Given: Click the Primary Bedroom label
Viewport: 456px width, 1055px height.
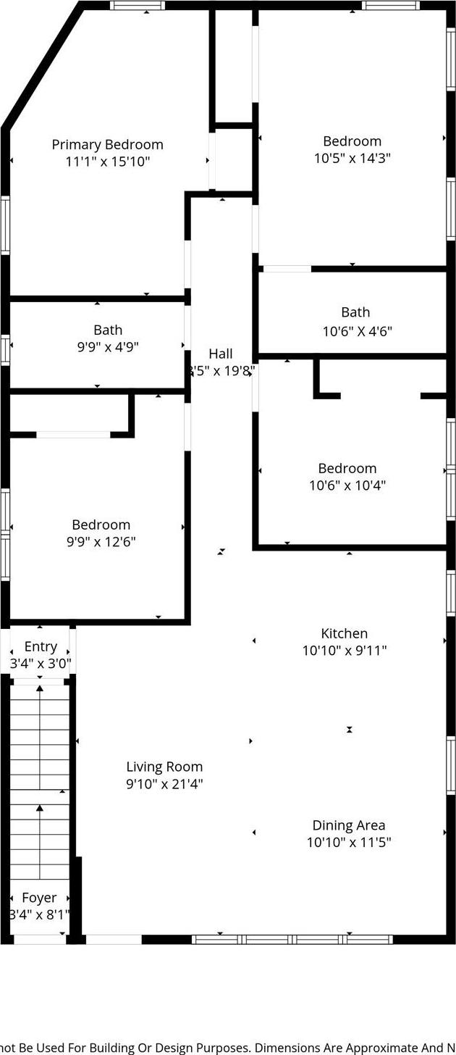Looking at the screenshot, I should [107, 145].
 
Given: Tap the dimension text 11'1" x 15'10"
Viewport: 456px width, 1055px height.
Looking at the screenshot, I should [107, 162].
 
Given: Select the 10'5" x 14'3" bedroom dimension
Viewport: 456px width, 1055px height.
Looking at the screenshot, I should [352, 158].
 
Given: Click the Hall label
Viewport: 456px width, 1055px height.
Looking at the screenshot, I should [221, 354].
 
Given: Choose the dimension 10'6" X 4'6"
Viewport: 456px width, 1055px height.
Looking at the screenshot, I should [357, 332].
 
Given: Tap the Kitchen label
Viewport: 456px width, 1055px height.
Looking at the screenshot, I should [345, 633].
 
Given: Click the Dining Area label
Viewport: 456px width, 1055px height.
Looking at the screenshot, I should [348, 825].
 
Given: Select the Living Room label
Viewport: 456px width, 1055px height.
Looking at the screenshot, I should [164, 767].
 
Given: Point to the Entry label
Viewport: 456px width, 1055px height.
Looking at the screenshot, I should [41, 646].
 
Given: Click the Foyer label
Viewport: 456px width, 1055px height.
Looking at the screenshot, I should [39, 898].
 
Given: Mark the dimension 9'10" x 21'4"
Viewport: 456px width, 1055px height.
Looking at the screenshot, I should [164, 784].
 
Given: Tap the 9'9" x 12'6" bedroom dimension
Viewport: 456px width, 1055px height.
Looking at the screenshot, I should [101, 542].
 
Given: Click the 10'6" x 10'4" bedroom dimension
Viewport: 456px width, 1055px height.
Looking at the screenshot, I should [347, 485].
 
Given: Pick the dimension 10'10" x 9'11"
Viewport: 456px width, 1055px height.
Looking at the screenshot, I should [345, 651].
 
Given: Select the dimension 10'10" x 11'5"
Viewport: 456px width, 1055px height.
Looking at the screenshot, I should [348, 843].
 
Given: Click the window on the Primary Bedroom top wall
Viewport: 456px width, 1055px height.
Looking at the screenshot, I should [138, 6].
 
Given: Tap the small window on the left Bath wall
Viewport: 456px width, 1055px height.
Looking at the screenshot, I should [5, 349].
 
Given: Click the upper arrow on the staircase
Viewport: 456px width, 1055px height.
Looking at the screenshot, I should [40, 688].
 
